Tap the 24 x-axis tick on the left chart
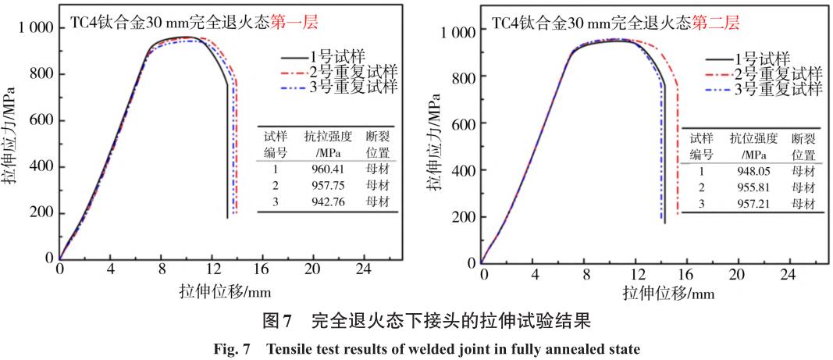(363, 272)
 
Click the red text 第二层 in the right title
(707, 23)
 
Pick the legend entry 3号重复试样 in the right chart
(778, 89)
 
